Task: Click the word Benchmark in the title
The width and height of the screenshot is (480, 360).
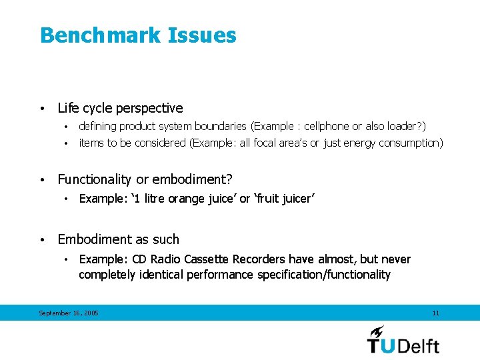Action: (x=97, y=35)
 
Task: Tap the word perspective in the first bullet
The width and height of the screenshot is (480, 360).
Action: (x=150, y=108)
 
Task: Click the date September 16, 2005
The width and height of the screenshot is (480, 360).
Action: (x=69, y=313)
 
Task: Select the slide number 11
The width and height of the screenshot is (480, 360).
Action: (x=436, y=313)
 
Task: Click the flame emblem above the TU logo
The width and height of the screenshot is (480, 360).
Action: (x=377, y=331)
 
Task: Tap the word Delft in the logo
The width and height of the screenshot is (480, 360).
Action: (x=419, y=345)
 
